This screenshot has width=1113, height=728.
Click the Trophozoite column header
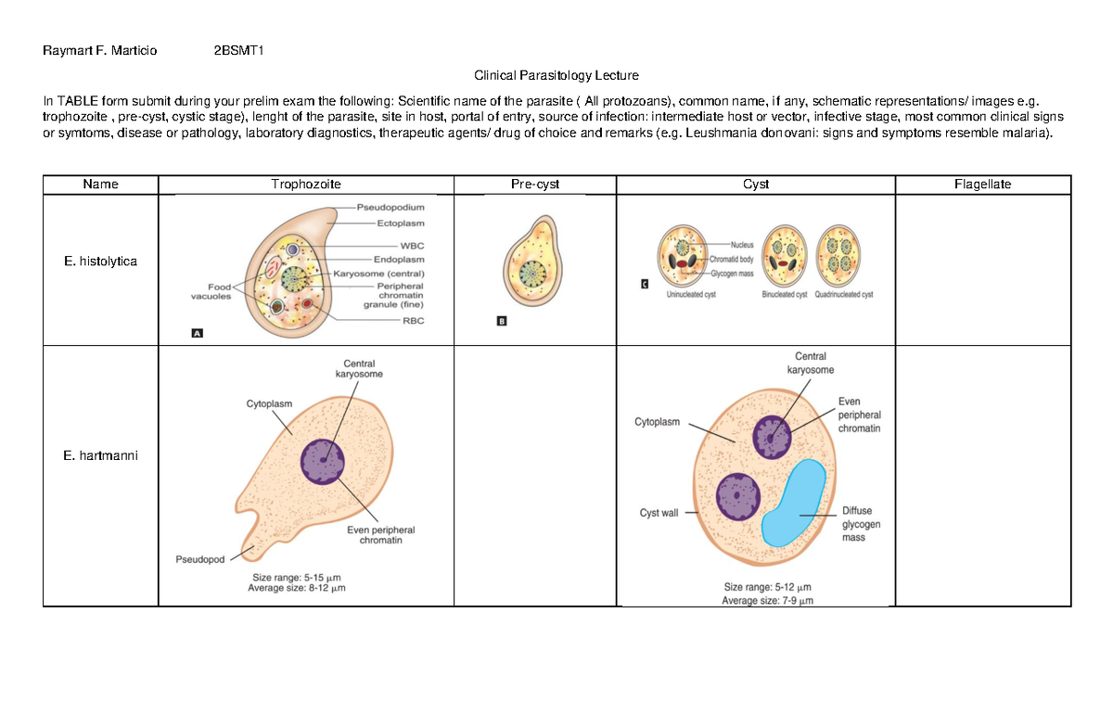[x=306, y=185]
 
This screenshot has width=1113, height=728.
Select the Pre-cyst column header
[x=535, y=185]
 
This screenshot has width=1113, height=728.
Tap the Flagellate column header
[x=982, y=185]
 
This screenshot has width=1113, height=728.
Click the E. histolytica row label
[x=100, y=262]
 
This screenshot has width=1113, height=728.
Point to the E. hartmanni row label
[x=100, y=455]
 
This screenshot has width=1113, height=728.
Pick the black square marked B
[x=502, y=322]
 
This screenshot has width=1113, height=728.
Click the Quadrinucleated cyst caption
[x=843, y=295]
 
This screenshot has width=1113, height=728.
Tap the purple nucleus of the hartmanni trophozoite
[x=323, y=461]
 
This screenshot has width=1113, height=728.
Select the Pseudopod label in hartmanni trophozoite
[x=200, y=559]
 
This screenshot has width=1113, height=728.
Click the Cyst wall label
[x=659, y=513]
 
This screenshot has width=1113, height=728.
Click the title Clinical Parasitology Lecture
[x=556, y=75]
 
